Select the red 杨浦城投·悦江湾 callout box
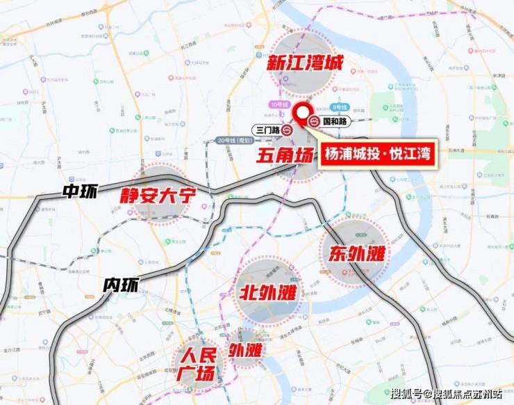[378, 154]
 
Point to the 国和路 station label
[335, 121]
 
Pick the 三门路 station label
[267, 129]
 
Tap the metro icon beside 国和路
[315, 121]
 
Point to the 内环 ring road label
[121, 285]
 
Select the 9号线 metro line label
[339, 106]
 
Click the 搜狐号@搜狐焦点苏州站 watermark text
[445, 395]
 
